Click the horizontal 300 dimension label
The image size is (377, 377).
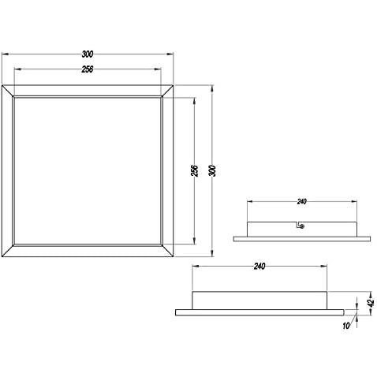(88, 54)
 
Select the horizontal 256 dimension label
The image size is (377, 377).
(88, 69)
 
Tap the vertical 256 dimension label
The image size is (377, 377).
(194, 170)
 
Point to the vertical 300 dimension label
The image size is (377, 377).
(213, 171)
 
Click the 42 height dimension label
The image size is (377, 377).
(371, 303)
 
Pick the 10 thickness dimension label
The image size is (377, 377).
(346, 326)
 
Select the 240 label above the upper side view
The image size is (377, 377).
(302, 202)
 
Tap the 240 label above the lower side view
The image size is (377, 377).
(259, 267)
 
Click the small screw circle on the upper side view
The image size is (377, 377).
(302, 226)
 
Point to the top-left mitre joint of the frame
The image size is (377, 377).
(7, 91)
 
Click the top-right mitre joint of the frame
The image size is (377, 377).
(167, 91)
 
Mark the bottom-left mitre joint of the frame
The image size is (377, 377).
(7, 251)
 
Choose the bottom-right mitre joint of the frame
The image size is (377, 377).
(167, 251)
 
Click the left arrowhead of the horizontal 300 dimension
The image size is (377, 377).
(6, 54)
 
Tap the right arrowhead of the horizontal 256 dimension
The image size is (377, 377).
(158, 69)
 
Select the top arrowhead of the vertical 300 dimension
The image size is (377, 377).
(212, 88)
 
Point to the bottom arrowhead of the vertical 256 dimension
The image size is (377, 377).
(194, 241)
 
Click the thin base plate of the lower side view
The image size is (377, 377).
(259, 312)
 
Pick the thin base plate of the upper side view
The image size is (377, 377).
(302, 239)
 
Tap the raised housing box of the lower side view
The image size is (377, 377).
(259, 300)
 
